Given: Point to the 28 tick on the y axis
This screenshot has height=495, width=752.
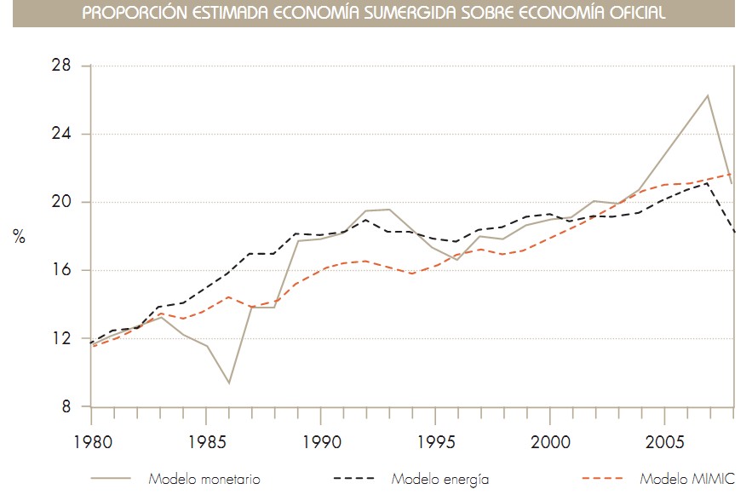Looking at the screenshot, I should [62, 66].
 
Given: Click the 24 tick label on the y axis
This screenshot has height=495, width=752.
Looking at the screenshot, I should [62, 135].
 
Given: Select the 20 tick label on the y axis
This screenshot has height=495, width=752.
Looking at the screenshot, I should [62, 203].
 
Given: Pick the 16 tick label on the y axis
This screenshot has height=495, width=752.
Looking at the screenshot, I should [63, 271].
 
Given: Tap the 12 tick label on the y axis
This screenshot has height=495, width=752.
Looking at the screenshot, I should [63, 339].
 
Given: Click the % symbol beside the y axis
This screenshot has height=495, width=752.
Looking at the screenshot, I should [19, 237].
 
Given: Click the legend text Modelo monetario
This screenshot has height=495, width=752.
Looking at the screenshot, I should [204, 479].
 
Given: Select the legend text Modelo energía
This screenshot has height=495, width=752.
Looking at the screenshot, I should [439, 479].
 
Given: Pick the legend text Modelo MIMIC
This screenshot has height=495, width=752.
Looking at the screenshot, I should [686, 479].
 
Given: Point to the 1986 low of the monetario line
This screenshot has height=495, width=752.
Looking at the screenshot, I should [228, 383].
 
